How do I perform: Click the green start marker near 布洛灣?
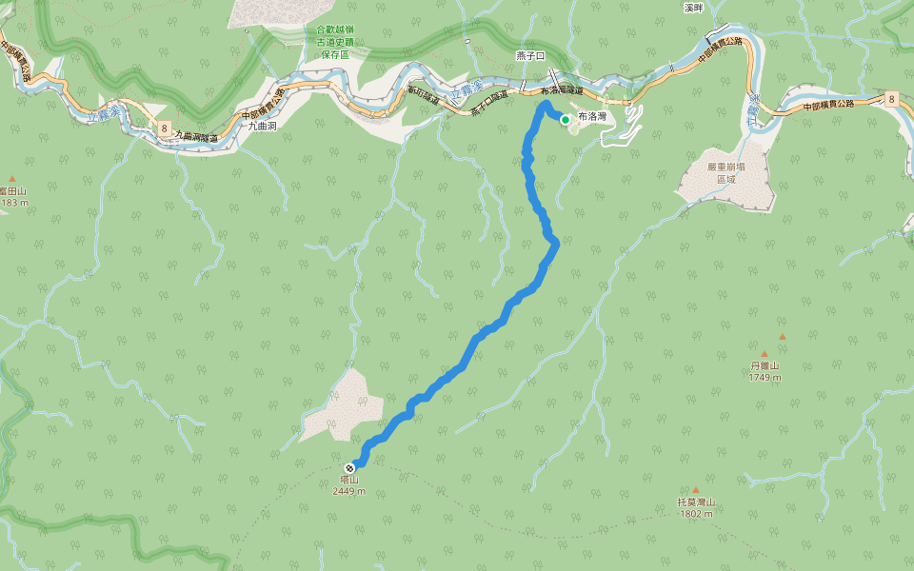[x=566, y=120]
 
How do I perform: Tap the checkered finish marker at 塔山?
[x=351, y=467]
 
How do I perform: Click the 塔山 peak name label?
[x=348, y=481]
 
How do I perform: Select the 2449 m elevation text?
[x=348, y=492]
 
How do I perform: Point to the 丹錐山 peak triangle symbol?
[x=783, y=337]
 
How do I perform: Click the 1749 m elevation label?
[x=764, y=377]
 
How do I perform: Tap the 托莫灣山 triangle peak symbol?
[x=707, y=490]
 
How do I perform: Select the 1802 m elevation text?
[x=696, y=514]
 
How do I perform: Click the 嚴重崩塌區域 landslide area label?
[x=726, y=172]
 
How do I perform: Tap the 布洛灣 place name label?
[x=592, y=115]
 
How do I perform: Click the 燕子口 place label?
[x=528, y=57]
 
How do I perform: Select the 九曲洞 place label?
[x=262, y=126]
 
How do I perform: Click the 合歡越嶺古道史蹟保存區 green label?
[x=335, y=43]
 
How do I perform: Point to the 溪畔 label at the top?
[x=693, y=8]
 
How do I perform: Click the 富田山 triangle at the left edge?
[x=12, y=178]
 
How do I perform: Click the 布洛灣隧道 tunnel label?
[x=561, y=90]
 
